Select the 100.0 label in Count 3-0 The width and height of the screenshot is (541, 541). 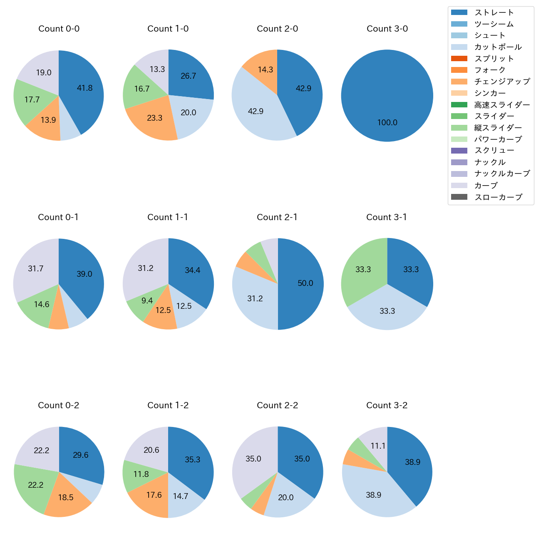pyautogui.click(x=387, y=123)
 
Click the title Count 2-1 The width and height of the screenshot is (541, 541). pyautogui.click(x=277, y=217)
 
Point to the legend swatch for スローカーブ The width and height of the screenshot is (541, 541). pyautogui.click(x=459, y=197)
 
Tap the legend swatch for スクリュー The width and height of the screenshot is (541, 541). pyautogui.click(x=459, y=151)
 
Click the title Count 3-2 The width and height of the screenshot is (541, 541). pyautogui.click(x=387, y=405)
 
